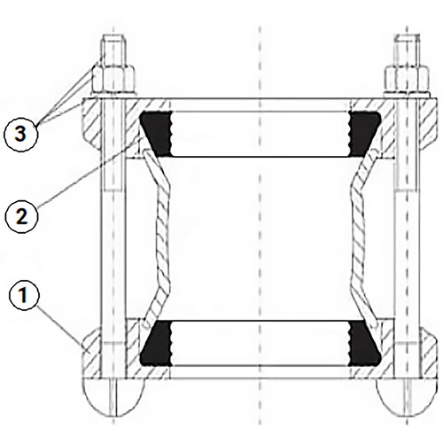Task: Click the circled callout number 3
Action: [20, 135]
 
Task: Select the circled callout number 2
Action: [21, 217]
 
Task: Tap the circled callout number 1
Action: [24, 294]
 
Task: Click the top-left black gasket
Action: [156, 134]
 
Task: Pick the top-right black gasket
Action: [364, 134]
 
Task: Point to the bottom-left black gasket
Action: [157, 344]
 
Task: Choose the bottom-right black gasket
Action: [364, 344]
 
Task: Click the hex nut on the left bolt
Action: [114, 79]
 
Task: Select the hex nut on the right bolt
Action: [407, 79]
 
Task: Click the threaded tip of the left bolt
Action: [114, 51]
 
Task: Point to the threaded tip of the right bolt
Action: [408, 51]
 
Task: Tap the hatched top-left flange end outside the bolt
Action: [91, 121]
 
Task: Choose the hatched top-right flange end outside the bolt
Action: [429, 121]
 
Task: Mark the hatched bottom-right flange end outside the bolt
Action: [428, 353]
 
